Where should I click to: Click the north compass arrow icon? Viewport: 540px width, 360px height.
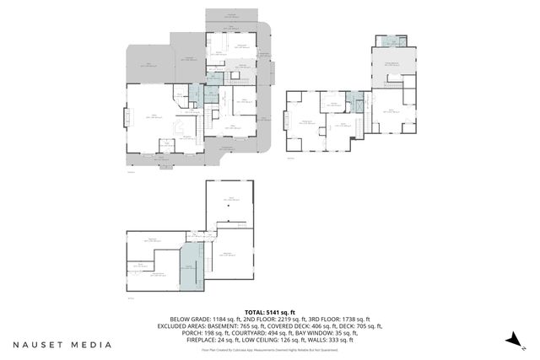coord(511,338)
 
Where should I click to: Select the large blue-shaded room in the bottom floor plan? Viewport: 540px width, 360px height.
coord(191,270)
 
